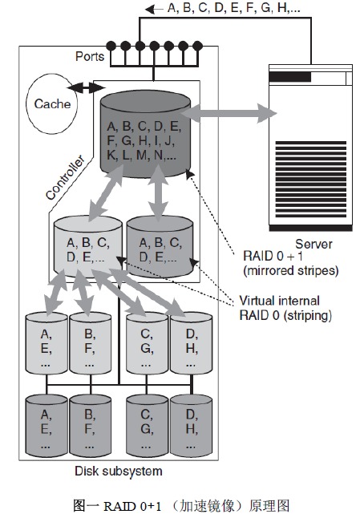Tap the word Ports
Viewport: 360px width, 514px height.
(90, 56)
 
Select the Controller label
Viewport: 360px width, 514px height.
(65, 177)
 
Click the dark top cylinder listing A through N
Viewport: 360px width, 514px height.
(146, 134)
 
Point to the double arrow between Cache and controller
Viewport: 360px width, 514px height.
(86, 87)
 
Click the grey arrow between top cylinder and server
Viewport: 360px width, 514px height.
(229, 113)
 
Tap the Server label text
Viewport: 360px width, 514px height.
(313, 245)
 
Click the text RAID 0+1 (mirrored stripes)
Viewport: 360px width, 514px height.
(290, 263)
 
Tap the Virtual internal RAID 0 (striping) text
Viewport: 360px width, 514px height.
(285, 308)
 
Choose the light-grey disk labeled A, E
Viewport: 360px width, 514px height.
(47, 343)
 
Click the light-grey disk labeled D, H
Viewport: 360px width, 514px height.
(191, 343)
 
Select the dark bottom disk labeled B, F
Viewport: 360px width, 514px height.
(90, 426)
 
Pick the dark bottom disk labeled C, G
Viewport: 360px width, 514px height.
(147, 426)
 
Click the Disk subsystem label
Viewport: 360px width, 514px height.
(119, 471)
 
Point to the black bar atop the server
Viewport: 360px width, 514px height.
(289, 77)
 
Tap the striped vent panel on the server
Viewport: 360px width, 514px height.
(310, 180)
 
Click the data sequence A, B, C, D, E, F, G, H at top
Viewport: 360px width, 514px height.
(233, 8)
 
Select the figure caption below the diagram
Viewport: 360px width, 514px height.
(181, 505)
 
